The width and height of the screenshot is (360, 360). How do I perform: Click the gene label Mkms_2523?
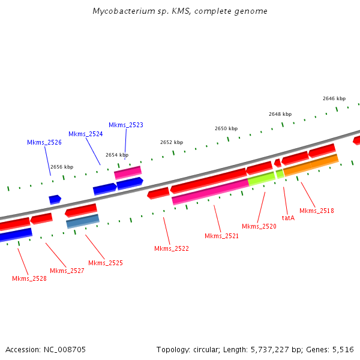pos(126,125)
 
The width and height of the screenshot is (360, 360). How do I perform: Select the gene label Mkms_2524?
pos(86,134)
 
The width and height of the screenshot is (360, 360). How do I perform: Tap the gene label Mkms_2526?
pos(44,142)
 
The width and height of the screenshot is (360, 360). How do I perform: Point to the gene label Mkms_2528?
pos(29,278)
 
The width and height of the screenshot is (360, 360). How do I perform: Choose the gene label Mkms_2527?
pos(67,271)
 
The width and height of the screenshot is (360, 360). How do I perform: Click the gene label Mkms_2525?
pos(106,263)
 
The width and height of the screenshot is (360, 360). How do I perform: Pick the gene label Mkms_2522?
pos(172,248)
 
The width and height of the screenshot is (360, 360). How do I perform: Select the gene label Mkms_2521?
pos(222,236)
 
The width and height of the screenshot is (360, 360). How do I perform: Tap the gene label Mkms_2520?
pos(259,226)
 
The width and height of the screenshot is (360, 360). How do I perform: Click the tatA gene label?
pos(288,218)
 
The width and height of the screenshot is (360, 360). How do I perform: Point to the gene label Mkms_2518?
pos(317,211)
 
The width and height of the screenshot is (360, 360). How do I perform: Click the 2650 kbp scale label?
pos(226,128)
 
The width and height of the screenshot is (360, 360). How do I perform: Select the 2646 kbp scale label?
pos(334,98)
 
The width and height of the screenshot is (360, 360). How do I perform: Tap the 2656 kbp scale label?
pos(62,167)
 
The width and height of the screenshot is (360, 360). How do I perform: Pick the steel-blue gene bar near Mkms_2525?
pos(83,221)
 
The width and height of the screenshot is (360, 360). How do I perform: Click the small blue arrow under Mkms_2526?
pos(55,199)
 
